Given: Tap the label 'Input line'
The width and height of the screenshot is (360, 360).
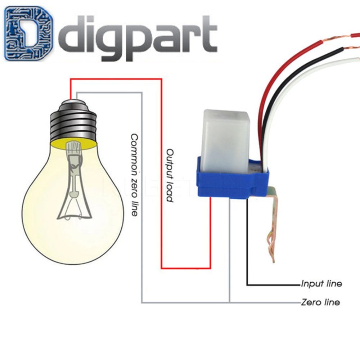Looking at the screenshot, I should tap(321, 284).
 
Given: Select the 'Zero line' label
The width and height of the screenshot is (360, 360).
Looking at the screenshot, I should tap(320, 302).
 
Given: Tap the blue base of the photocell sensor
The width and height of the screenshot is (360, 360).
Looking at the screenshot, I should tap(230, 180).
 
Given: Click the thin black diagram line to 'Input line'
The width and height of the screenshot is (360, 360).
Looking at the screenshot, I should tap(247, 252).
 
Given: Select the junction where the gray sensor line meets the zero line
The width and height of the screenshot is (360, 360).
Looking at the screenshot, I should tap(229, 302).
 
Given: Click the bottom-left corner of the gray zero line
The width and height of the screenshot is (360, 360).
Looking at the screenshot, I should tap(142, 302).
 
